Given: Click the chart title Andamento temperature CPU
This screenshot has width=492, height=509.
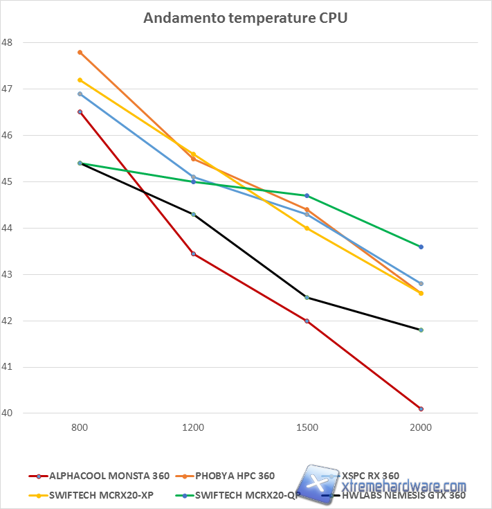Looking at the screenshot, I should coord(245,18).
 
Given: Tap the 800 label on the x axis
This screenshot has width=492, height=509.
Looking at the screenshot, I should coord(80,428).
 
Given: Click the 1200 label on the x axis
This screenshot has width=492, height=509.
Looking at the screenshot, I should coord(193,428).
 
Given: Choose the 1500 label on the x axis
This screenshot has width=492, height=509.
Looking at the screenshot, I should coord(307,428).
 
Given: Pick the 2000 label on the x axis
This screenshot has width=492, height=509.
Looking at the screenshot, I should coord(421,428).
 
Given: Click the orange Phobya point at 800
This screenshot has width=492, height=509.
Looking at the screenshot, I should coord(80,52).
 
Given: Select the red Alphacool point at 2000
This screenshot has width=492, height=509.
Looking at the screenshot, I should coord(421,409).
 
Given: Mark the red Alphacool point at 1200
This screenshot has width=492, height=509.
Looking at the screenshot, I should coord(194,254).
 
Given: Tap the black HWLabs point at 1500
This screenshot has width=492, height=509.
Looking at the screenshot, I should coord(307,298).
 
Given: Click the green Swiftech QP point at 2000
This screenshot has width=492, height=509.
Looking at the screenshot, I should coord(421,247).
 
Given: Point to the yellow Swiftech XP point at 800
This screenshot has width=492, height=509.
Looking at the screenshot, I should coord(80,80).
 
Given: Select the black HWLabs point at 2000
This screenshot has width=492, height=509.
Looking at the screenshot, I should coord(421,330).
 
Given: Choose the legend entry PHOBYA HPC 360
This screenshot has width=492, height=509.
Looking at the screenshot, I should coord(235,476).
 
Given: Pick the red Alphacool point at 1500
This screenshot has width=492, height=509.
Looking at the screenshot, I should coord(307,321).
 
